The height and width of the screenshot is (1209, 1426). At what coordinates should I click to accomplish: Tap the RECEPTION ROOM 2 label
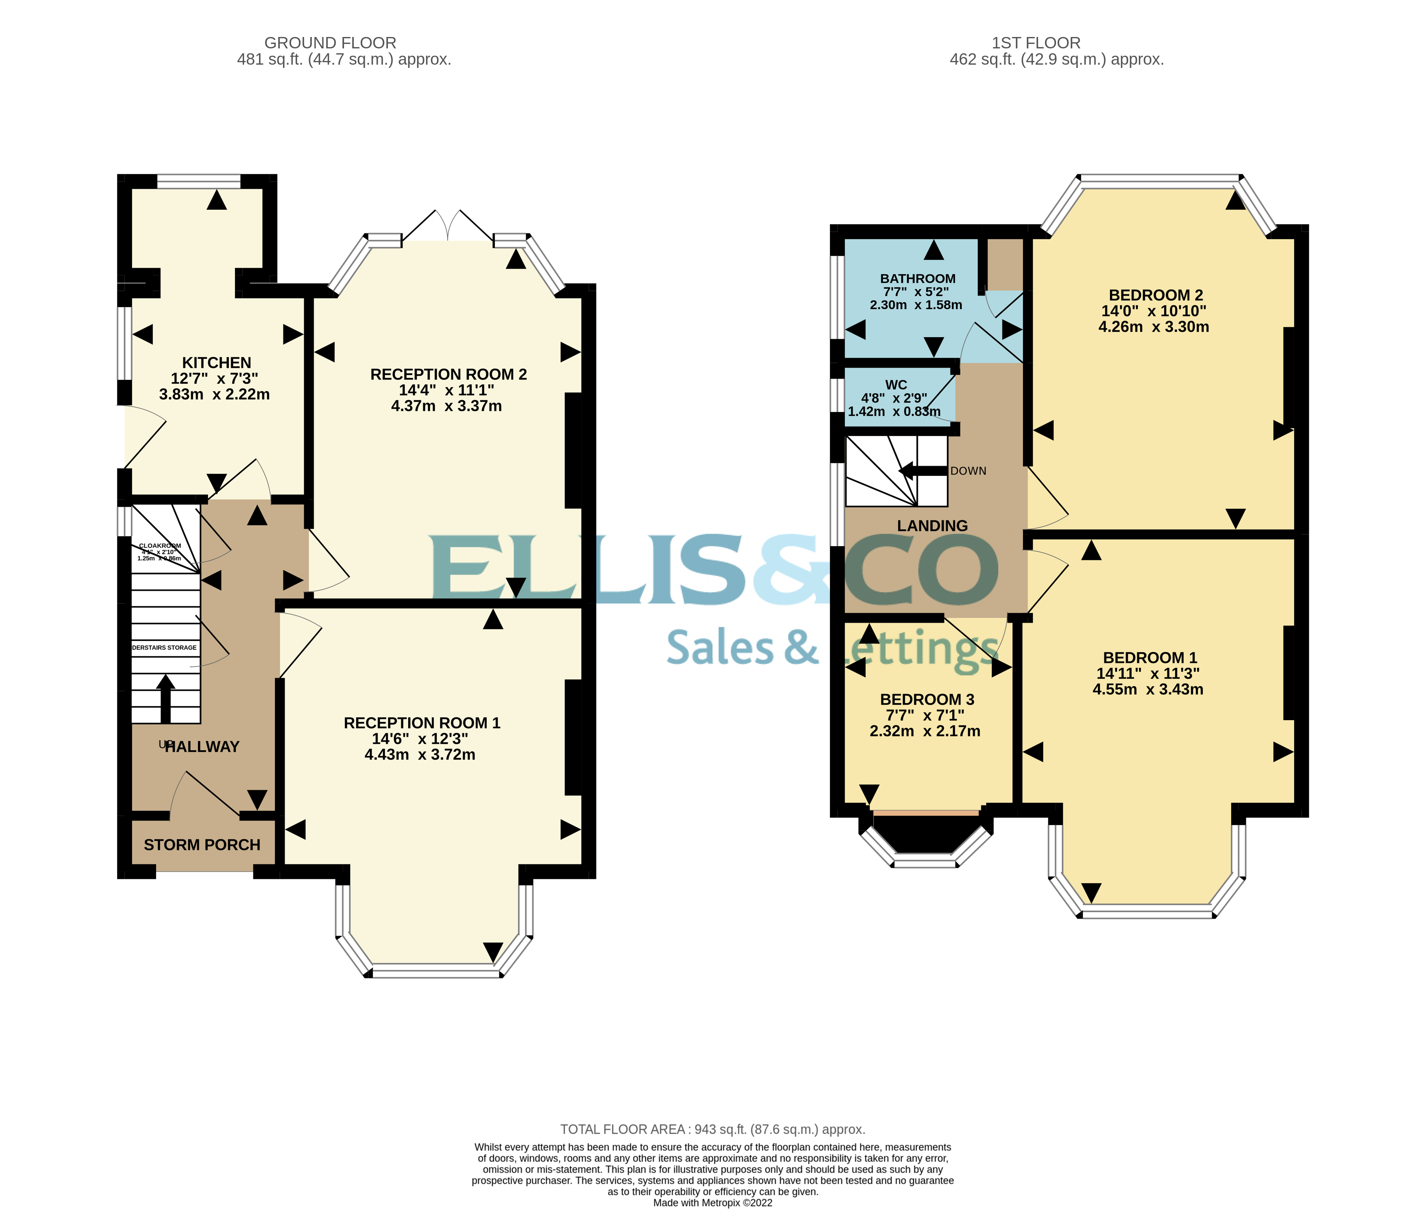(x=448, y=374)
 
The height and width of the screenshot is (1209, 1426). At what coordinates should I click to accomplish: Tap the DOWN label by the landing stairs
(x=968, y=471)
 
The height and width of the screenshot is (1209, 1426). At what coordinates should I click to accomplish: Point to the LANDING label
(x=932, y=526)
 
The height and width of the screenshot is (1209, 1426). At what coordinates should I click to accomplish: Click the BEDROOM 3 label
(x=926, y=699)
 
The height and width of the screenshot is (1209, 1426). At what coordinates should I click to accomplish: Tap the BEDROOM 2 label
(x=1155, y=295)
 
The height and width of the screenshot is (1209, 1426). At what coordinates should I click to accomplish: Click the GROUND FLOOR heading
(x=330, y=42)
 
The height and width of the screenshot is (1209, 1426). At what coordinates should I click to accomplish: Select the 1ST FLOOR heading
(x=1035, y=42)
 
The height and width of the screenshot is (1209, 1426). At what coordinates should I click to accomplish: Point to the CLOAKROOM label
(x=160, y=546)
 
